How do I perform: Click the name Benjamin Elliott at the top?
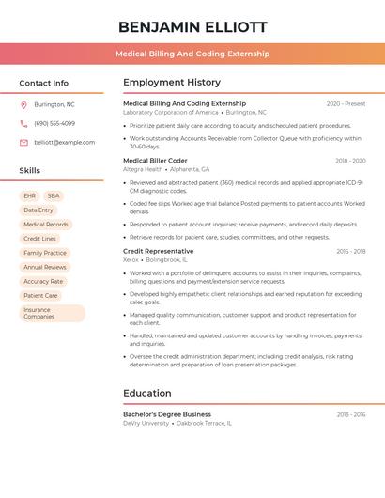pos(192,26)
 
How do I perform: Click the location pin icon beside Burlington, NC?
pos(23,104)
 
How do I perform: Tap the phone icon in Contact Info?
pos(23,123)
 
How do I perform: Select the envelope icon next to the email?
pos(23,142)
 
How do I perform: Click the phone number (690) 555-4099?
pos(54,123)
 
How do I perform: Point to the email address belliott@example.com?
pos(65,142)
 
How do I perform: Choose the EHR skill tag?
pos(30,195)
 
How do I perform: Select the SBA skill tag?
pos(54,195)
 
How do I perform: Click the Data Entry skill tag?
pos(38,210)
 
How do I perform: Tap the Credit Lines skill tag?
pos(39,239)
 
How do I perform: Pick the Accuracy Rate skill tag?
pos(43,281)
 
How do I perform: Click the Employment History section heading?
pos(172,83)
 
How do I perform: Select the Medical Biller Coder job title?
pos(155,161)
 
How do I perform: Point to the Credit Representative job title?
pos(158,252)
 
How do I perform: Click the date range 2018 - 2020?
pos(350,161)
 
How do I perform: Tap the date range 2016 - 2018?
pos(350,252)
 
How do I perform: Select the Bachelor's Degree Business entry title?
pos(167,414)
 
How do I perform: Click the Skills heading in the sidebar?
pos(30,171)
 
